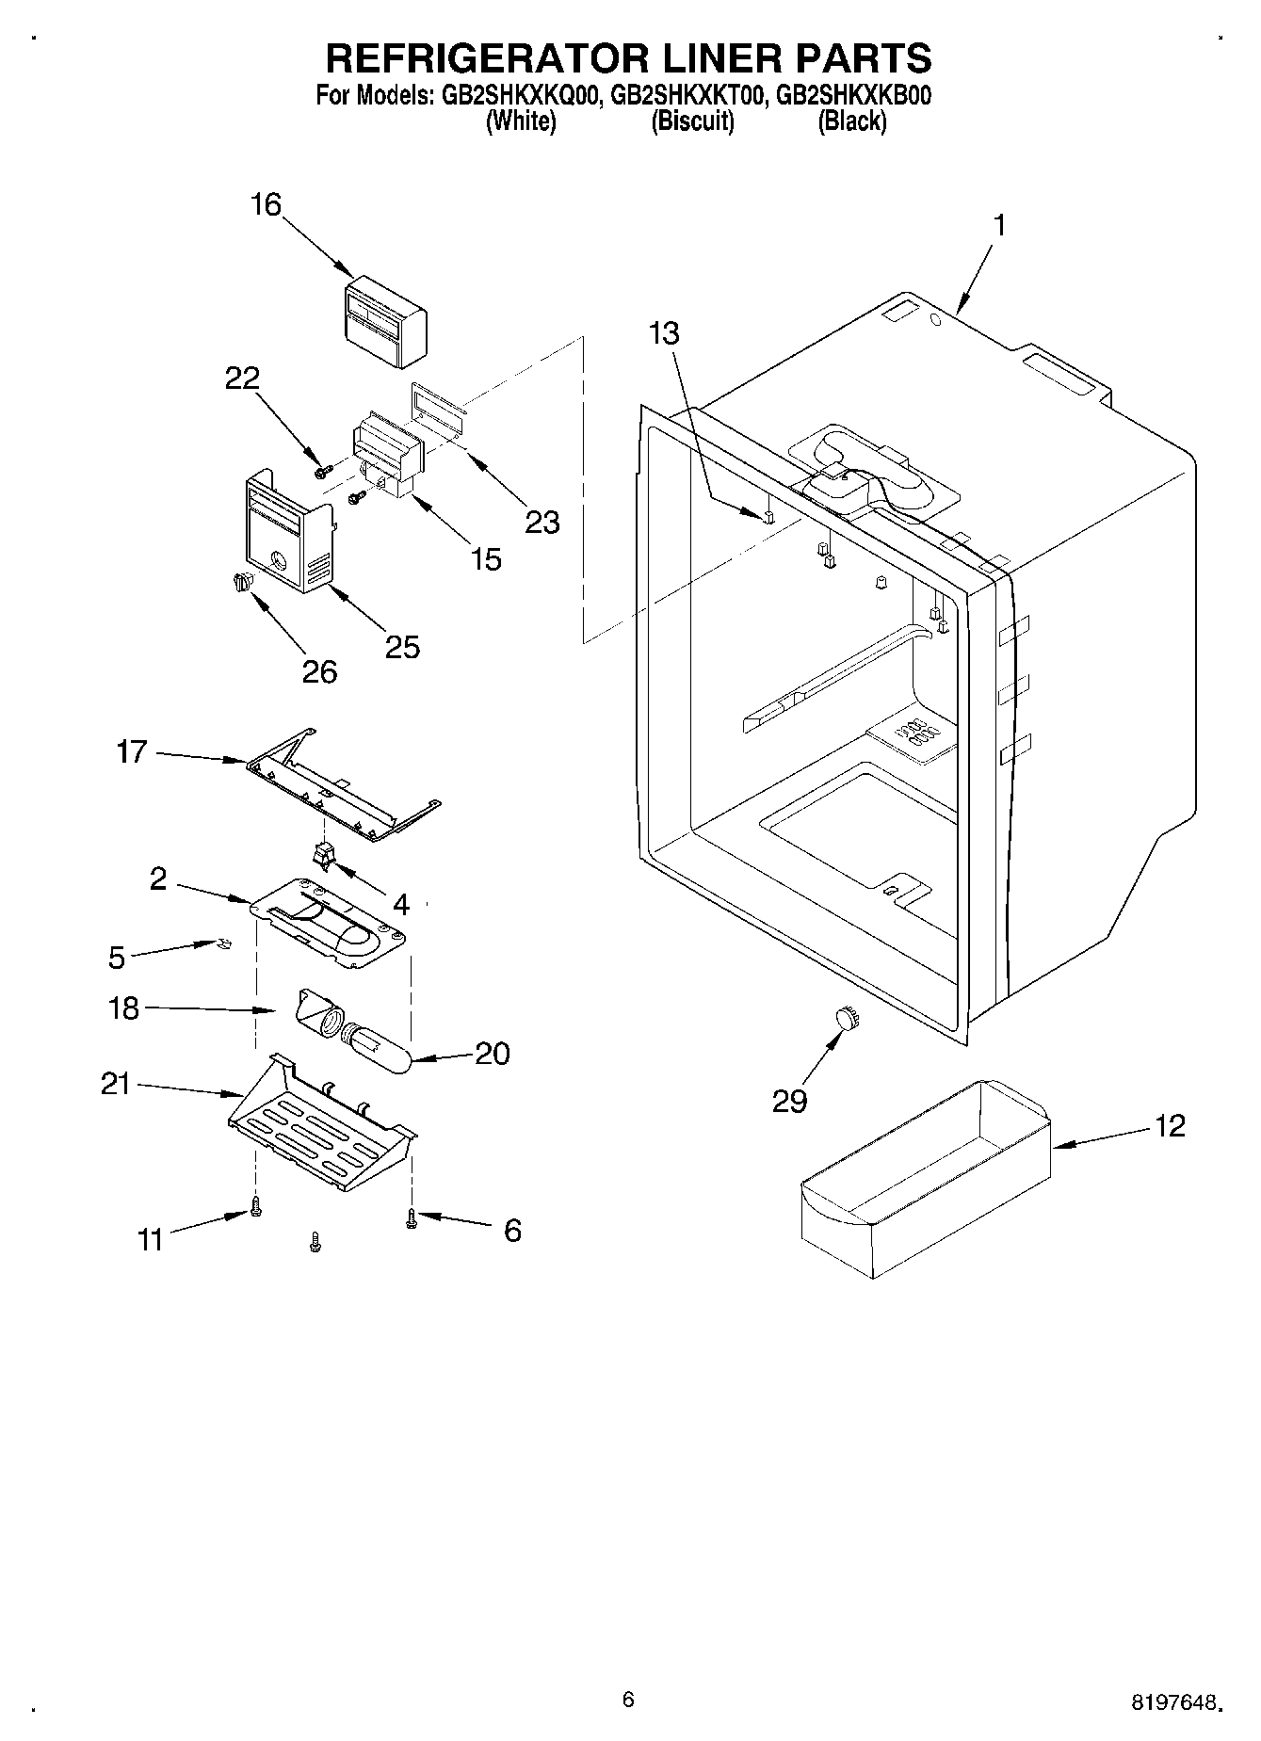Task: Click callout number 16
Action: [267, 204]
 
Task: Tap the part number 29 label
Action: [789, 1100]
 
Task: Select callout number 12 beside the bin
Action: [1170, 1125]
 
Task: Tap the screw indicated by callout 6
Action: [411, 1218]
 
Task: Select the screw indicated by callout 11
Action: [254, 1206]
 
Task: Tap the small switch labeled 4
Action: [323, 853]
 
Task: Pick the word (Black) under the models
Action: [851, 121]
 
